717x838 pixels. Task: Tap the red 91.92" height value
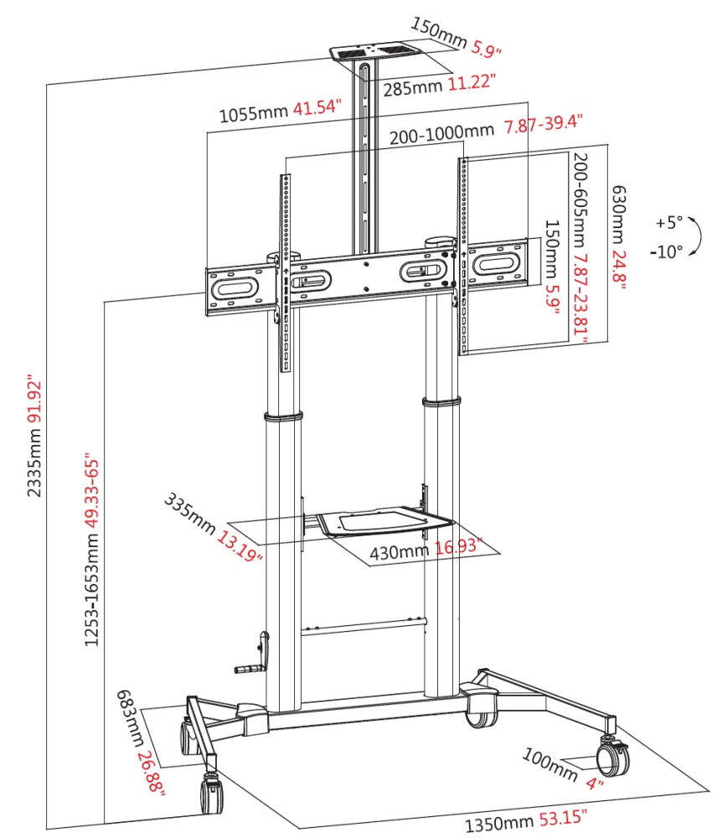[x=34, y=403]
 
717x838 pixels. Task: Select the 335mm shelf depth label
[x=189, y=514]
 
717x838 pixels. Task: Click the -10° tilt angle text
[x=666, y=250]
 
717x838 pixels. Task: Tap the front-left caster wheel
[x=211, y=792]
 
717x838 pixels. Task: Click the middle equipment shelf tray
[x=373, y=520]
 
